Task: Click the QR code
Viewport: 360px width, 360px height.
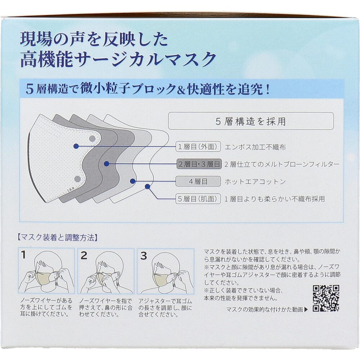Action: pos(326,298)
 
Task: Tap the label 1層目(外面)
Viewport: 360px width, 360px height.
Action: pos(198,147)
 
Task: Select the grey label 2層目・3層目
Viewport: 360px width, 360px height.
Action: pos(199,164)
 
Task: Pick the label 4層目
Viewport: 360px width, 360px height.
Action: pos(198,181)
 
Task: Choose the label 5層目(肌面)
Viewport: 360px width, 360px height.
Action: pos(198,199)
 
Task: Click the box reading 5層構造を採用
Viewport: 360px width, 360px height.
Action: pos(251,121)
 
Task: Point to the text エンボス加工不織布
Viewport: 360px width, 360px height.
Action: pos(255,147)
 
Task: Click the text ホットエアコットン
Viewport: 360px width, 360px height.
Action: pos(255,181)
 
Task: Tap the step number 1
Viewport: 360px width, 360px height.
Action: pos(23,255)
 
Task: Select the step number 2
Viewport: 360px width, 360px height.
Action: pos(84,255)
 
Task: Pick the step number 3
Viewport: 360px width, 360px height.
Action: pos(144,255)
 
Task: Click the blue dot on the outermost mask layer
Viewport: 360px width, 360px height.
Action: pos(76,146)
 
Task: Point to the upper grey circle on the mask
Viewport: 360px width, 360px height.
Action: pos(92,138)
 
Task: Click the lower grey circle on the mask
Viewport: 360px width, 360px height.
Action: pos(78,179)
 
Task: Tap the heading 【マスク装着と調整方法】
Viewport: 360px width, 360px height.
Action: pos(57,238)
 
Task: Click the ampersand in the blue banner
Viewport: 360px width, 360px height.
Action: pos(181,90)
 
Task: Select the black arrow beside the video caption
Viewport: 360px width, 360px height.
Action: pos(306,310)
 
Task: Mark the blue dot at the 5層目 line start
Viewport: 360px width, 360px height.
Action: pos(148,186)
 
